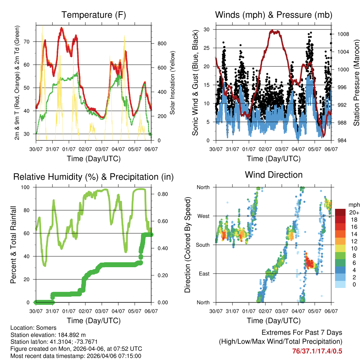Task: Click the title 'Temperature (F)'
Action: [94, 15]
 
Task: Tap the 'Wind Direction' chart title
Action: [274, 175]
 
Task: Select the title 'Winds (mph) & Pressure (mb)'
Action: [274, 15]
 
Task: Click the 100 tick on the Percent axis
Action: [28, 187]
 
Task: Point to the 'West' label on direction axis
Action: [203, 216]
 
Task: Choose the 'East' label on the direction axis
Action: [204, 274]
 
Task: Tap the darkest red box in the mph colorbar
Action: [340, 212]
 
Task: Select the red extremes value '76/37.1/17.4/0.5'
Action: [317, 351]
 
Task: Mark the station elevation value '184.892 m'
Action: [70, 335]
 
